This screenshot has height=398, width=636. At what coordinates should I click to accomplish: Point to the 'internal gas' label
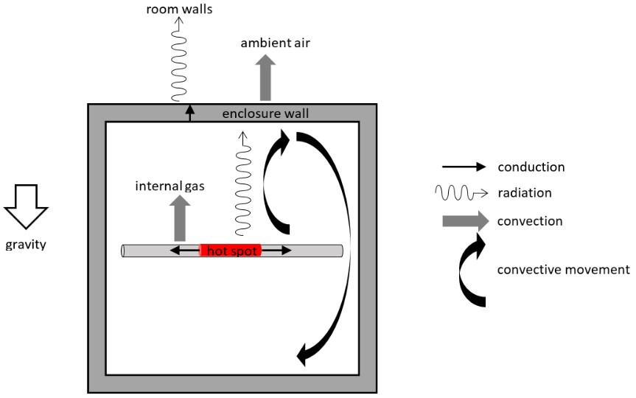(x=169, y=186)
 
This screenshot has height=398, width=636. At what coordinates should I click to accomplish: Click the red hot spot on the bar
(x=231, y=251)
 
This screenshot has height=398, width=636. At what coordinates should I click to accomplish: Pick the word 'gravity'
(x=26, y=245)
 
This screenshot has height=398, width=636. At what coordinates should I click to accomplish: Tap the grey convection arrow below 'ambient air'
(x=266, y=77)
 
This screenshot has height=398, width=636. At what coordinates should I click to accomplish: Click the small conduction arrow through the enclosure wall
(x=189, y=114)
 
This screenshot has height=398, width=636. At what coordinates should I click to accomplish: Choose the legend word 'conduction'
(x=531, y=167)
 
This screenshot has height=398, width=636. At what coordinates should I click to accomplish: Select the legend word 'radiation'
(x=525, y=193)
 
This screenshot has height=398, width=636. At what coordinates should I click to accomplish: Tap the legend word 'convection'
(x=531, y=220)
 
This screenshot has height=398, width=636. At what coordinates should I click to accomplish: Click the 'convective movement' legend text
(x=564, y=270)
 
